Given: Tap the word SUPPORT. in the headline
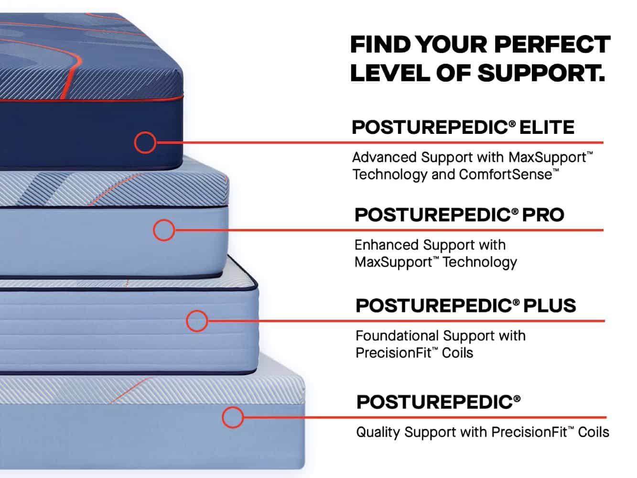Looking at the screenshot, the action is click(x=541, y=73).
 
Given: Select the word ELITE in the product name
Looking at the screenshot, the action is click(x=547, y=127).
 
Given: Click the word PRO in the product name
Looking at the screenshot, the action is click(x=543, y=215).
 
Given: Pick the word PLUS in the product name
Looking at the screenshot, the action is click(x=550, y=305).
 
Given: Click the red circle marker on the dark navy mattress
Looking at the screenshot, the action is click(x=145, y=142).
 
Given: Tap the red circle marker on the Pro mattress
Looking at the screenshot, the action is click(x=164, y=230).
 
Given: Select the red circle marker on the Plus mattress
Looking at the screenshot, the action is click(x=197, y=321).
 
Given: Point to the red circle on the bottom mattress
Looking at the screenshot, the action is click(x=233, y=417).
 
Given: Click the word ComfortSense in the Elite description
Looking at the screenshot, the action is click(x=505, y=174).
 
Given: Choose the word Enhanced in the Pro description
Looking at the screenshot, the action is click(x=386, y=245).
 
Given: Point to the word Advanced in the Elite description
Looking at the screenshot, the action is click(x=385, y=157).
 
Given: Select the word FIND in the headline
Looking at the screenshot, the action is click(x=380, y=44).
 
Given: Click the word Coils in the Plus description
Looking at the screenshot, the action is click(x=457, y=353).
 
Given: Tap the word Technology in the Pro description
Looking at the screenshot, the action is click(x=480, y=262).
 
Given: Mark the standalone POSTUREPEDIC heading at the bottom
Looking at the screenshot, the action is click(x=438, y=402).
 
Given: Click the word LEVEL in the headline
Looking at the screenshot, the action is click(x=390, y=73).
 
